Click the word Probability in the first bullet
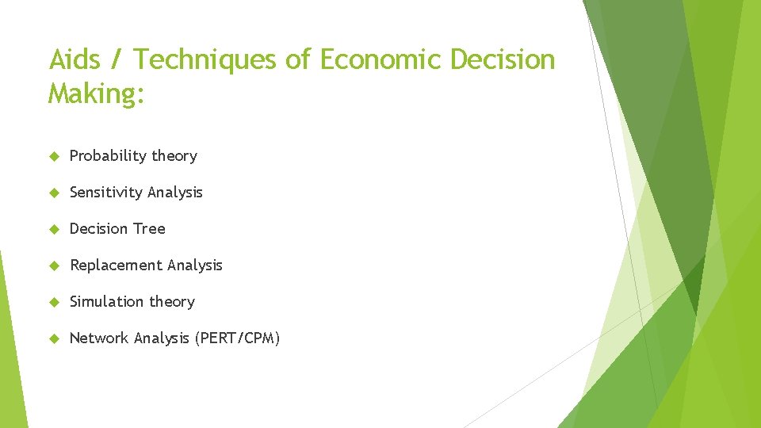(109, 156)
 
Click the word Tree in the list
(150, 229)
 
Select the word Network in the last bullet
(99, 338)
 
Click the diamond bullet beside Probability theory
(54, 157)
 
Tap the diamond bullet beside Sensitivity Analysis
(54, 193)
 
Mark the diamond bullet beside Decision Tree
(54, 230)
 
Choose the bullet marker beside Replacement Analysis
(54, 266)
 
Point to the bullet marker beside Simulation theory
(54, 303)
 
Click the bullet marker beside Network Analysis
(54, 339)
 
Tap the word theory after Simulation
(174, 302)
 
